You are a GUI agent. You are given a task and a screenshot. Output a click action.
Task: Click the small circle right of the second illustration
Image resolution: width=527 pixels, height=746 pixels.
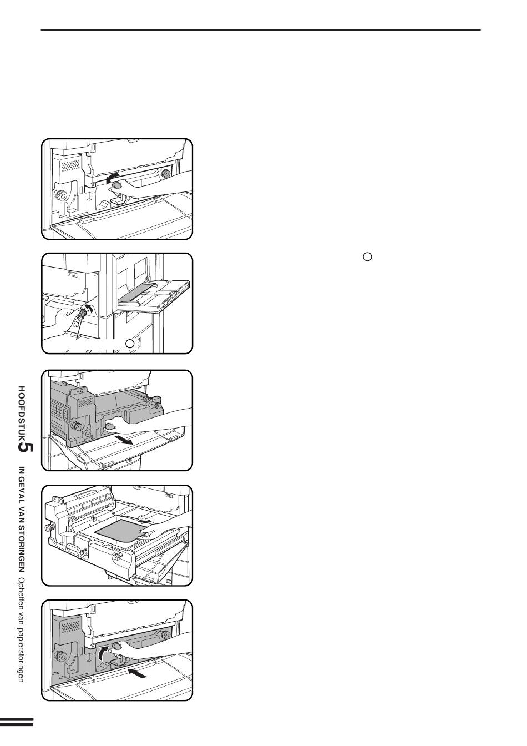pyautogui.click(x=367, y=257)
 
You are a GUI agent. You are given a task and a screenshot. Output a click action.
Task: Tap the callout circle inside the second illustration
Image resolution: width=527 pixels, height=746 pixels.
pyautogui.click(x=131, y=344)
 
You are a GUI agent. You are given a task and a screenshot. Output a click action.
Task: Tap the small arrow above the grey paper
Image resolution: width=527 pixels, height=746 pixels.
pyautogui.click(x=146, y=520)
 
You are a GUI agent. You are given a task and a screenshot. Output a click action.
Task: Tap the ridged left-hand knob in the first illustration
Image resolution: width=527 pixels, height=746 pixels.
pyautogui.click(x=60, y=195)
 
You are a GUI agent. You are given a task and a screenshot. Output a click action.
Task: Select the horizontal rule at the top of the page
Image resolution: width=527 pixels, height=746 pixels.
pyautogui.click(x=261, y=30)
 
